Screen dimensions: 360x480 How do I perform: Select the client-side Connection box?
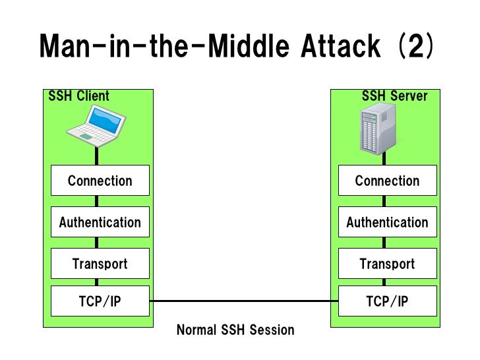pyautogui.click(x=100, y=181)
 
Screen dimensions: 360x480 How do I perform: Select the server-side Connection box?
pyautogui.click(x=387, y=181)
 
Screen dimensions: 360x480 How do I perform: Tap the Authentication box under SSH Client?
pyautogui.click(x=100, y=222)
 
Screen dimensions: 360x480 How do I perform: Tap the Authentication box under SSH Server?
pyautogui.click(x=387, y=222)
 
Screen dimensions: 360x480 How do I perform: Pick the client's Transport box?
pyautogui.click(x=100, y=264)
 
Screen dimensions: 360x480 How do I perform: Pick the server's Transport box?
pyautogui.click(x=387, y=264)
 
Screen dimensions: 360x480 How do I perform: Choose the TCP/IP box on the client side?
pyautogui.click(x=100, y=302)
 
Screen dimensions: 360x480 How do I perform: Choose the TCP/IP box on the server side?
pyautogui.click(x=387, y=302)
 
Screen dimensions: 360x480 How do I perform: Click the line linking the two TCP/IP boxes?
pyautogui.click(x=244, y=301)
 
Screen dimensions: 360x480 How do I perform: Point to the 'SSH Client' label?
pyautogui.click(x=79, y=96)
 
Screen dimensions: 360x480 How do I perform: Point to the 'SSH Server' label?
pyautogui.click(x=394, y=96)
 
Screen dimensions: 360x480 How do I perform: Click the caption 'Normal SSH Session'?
pyautogui.click(x=235, y=330)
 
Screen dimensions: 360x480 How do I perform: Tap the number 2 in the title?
pyautogui.click(x=415, y=46)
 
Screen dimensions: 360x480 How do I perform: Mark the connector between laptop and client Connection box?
pyautogui.click(x=97, y=156)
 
